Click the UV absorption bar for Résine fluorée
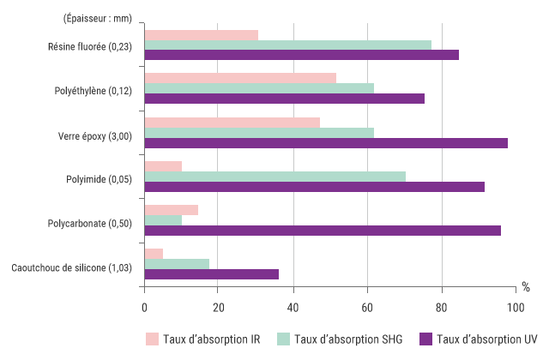click(x=301, y=55)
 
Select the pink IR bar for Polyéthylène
click(x=240, y=77)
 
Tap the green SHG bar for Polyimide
click(x=274, y=176)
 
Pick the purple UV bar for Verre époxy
click(x=326, y=142)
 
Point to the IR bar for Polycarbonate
click(x=172, y=209)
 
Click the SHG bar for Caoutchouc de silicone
click(x=177, y=263)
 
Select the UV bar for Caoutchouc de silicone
click(x=211, y=274)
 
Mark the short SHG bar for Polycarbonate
click(x=163, y=220)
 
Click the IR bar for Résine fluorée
click(x=201, y=35)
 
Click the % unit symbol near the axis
click(x=526, y=286)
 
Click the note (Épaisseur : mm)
click(x=95, y=18)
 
